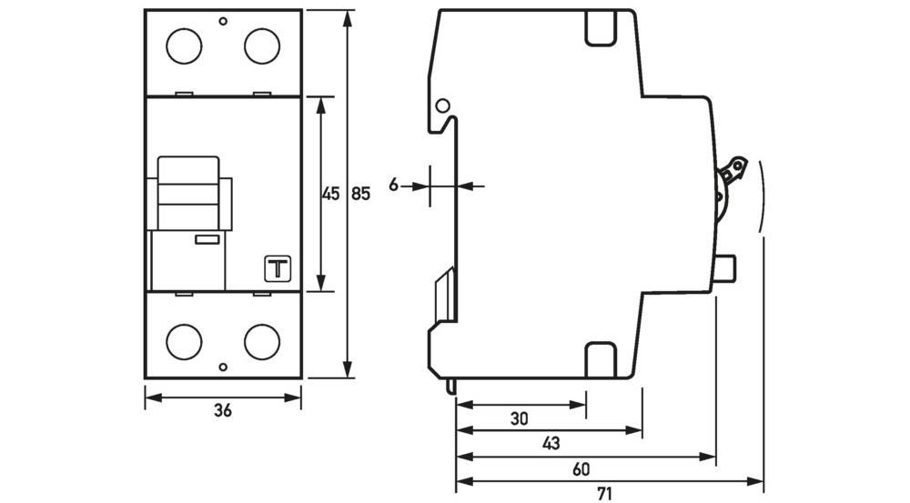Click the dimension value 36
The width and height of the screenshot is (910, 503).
(x=223, y=411)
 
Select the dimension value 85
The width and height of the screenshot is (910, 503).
(x=361, y=194)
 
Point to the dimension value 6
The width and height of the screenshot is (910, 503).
(x=394, y=186)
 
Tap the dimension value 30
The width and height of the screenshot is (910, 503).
(x=519, y=418)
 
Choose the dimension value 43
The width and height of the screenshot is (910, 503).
(x=550, y=443)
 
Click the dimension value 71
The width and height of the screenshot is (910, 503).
(x=604, y=494)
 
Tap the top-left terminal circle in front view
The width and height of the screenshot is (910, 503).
(x=185, y=46)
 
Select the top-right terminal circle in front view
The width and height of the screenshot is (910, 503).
(x=261, y=46)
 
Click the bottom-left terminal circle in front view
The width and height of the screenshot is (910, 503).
(x=185, y=340)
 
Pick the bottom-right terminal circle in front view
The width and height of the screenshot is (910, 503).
(x=261, y=340)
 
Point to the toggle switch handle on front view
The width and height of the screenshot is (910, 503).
(x=188, y=194)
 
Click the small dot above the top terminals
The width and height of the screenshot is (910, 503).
(x=223, y=20)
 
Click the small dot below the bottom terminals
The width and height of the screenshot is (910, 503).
(x=223, y=367)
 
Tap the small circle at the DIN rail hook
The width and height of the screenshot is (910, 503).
(x=442, y=106)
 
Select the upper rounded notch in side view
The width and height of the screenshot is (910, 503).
(x=602, y=29)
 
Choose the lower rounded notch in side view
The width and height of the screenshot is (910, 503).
(x=602, y=357)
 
